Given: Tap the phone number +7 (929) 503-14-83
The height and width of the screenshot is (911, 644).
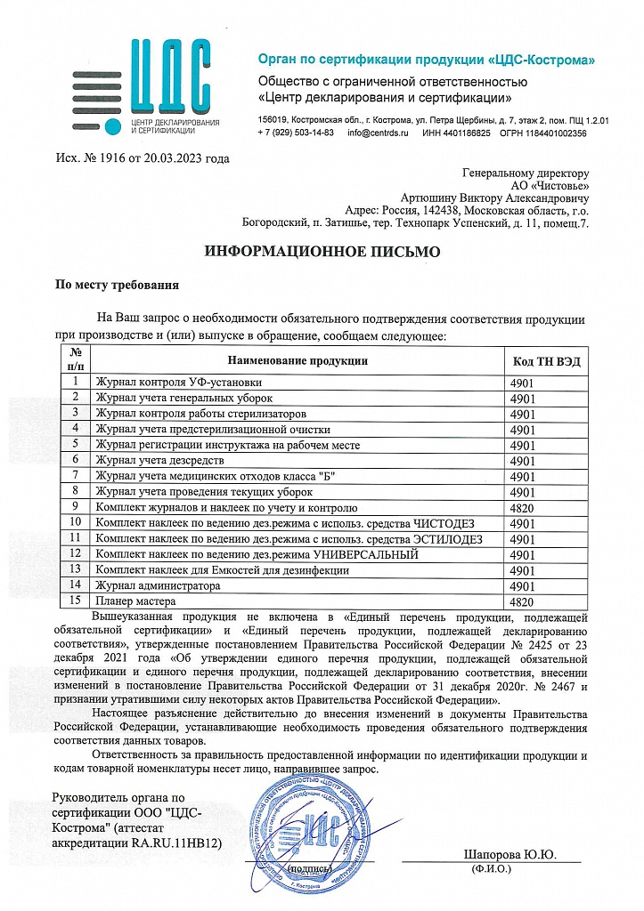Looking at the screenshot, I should [x=295, y=133].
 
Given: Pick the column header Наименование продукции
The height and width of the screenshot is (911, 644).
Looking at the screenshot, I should [x=298, y=360].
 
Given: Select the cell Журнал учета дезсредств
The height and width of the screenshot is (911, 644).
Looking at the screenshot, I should [x=160, y=460].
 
